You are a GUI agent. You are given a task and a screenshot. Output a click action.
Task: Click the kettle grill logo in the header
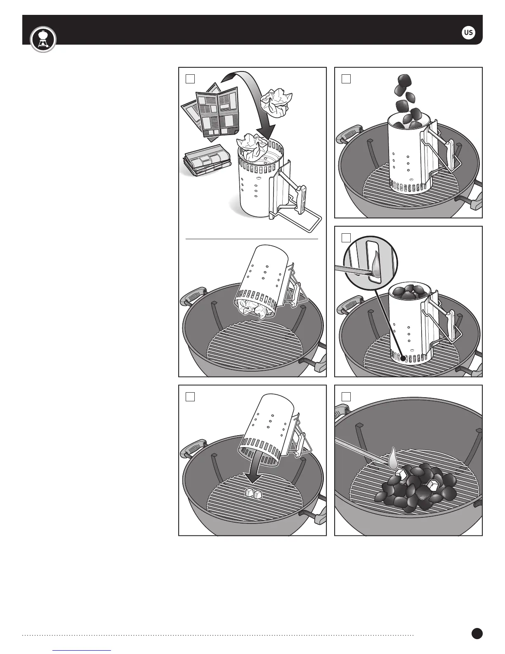43,39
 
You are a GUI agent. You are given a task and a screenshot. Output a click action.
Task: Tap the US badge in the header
468,32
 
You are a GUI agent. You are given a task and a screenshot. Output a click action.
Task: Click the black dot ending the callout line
403,358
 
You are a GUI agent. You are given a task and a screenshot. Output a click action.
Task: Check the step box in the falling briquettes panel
346,79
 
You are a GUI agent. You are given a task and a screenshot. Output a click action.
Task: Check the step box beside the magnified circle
346,238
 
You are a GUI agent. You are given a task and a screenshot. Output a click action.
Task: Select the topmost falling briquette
404,81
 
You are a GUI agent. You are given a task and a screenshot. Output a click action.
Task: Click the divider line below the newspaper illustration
252,239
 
